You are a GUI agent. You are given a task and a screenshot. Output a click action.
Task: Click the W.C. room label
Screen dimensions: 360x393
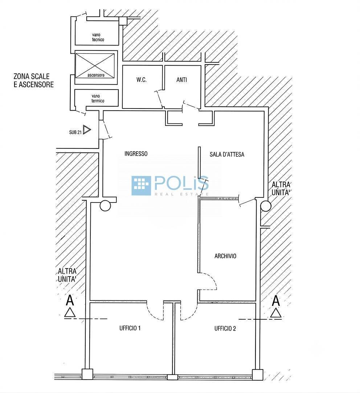point(142,80)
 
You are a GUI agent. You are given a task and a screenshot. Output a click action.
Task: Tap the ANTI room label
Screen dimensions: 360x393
point(181,80)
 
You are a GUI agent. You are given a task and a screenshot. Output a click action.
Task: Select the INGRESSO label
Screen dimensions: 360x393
point(136,153)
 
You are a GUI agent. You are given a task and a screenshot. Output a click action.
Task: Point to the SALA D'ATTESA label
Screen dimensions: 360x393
point(227,154)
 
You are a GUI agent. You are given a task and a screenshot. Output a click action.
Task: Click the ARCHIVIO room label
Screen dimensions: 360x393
point(225,256)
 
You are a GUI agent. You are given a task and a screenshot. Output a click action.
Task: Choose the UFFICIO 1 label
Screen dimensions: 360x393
point(130,328)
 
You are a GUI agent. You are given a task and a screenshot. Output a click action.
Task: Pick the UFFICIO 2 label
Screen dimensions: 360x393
point(225,328)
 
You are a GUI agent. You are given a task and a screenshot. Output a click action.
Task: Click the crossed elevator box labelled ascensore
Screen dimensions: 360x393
point(95,65)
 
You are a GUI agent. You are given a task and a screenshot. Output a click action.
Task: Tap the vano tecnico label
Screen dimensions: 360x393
point(98,37)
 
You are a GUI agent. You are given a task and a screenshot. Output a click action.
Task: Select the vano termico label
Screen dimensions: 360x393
point(98,98)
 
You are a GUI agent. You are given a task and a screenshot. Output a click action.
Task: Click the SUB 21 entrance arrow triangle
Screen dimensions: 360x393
point(87,130)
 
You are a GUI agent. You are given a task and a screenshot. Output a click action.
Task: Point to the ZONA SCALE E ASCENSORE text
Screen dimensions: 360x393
point(34,80)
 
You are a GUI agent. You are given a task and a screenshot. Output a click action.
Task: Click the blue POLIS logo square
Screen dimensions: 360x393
point(141,186)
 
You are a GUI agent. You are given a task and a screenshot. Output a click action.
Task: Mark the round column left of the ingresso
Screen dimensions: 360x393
point(105,206)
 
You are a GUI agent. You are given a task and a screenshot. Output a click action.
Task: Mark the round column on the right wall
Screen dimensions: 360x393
point(266,206)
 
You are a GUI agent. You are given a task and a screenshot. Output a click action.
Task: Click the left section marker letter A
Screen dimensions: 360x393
point(70,300)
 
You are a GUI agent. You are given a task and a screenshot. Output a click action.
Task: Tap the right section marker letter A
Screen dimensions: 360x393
point(276,301)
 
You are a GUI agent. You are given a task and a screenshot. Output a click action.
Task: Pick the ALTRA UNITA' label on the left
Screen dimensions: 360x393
point(67,275)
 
